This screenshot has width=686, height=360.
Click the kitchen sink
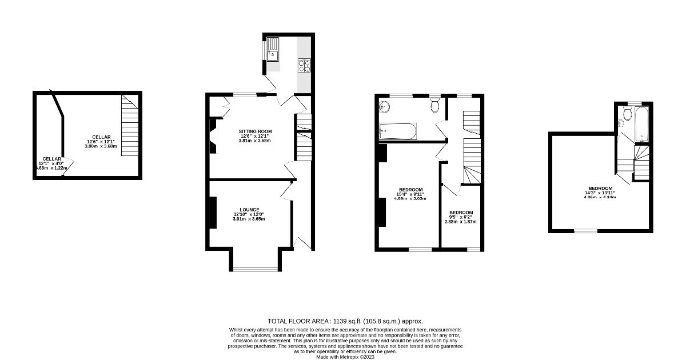pos(273,49)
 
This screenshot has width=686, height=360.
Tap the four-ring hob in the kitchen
pos(304,66)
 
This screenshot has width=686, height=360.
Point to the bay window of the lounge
pos(255,269)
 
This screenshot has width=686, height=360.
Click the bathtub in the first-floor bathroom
pos(399,133)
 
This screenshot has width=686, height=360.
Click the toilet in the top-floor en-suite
pos(628,114)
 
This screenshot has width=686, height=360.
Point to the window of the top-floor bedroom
pos(585,231)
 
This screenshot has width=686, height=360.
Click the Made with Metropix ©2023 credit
pos(345,357)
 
